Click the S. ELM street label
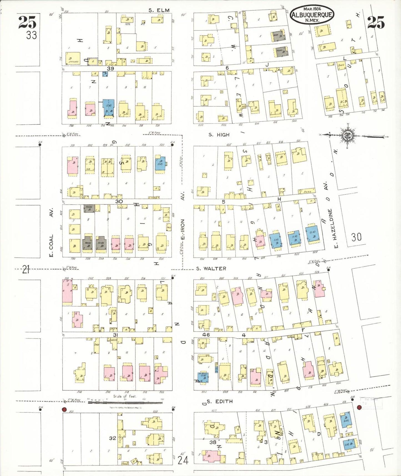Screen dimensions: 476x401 point(159,10)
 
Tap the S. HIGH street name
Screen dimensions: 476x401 point(219,135)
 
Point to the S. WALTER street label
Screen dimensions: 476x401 point(211,269)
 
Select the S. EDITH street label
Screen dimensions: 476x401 point(220,401)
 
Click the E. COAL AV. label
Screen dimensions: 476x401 point(51,232)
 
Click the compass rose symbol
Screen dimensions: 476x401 point(347,136)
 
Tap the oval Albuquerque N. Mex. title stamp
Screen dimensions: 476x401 point(312,14)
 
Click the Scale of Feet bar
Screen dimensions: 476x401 point(125,402)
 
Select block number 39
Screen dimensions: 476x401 point(110,68)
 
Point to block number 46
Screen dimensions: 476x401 point(206,335)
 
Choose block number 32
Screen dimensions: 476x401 point(112,438)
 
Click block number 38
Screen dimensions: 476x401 point(213,442)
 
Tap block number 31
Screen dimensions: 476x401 point(115,335)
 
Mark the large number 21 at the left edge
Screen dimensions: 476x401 point(26,269)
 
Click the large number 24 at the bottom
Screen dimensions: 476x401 point(183,460)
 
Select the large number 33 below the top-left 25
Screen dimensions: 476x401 point(31,35)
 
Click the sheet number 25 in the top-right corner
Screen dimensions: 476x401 point(376,22)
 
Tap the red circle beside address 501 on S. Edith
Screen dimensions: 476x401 point(64,409)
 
